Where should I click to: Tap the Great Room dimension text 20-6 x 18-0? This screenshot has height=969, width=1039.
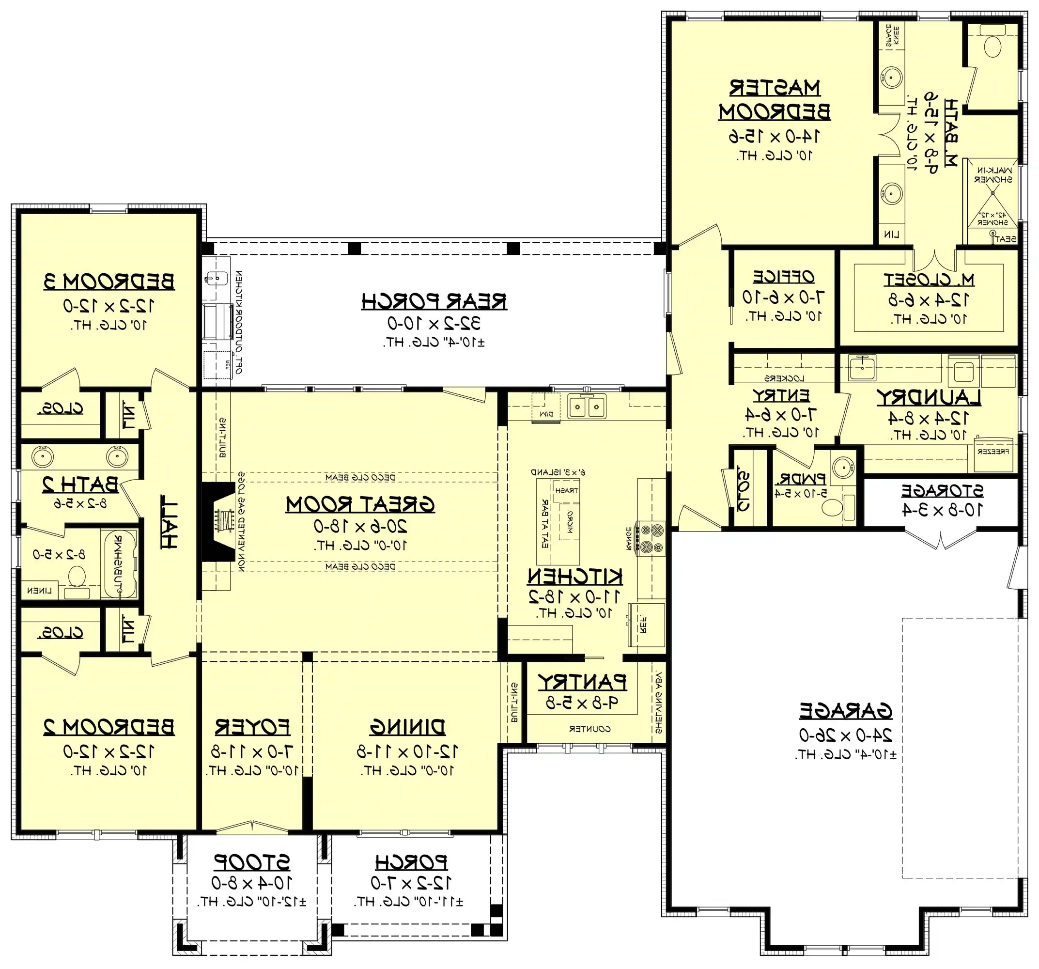(360, 526)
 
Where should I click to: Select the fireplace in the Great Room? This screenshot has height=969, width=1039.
(218, 522)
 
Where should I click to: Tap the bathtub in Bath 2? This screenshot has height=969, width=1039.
(121, 564)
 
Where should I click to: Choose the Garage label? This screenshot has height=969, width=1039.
(845, 711)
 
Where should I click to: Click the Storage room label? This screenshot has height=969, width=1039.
(942, 491)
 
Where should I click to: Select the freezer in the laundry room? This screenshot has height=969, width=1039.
(993, 452)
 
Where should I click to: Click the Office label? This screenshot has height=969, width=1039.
(783, 277)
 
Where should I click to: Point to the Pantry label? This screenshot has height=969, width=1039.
(582, 682)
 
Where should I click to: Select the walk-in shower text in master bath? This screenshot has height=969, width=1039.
(992, 175)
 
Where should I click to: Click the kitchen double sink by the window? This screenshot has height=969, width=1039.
(587, 406)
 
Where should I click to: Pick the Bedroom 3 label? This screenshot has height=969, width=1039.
(109, 281)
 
